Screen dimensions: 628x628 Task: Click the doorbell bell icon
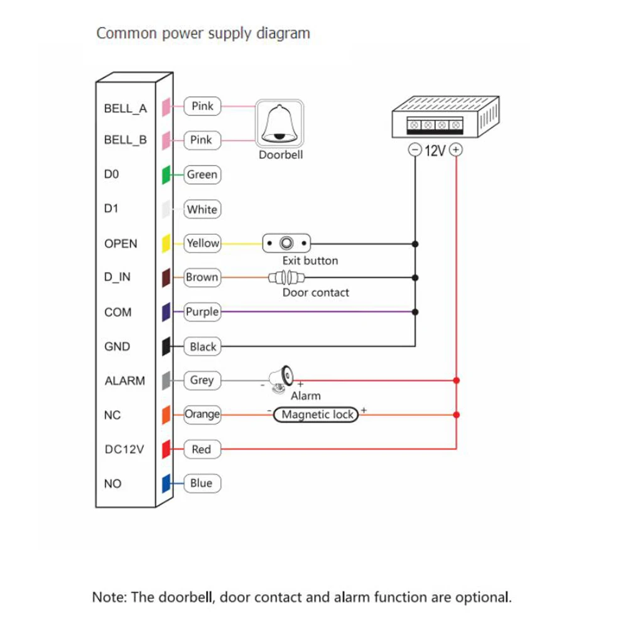point(279,124)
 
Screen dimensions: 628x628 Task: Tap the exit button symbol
point(286,243)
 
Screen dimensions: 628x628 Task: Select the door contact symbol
point(286,277)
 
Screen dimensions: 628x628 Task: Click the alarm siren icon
point(281,379)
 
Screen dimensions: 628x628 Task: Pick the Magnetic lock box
point(316,414)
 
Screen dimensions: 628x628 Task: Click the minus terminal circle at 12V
point(415,150)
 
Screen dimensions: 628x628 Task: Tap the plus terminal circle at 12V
point(456,150)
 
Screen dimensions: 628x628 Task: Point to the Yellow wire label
point(202,243)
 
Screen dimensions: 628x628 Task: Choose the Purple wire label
point(202,311)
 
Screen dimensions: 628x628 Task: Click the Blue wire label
point(202,483)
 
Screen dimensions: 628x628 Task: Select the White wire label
point(202,209)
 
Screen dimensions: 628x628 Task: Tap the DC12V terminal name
point(124,450)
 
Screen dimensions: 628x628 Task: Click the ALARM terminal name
point(124,381)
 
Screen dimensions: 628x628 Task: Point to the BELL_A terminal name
point(126,109)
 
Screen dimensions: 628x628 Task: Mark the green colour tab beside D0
point(166,175)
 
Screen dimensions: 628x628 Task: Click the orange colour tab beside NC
point(166,415)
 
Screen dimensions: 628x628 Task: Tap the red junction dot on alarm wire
point(456,380)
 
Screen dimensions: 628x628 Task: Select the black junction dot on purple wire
point(415,311)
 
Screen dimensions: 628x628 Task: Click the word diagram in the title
point(283,34)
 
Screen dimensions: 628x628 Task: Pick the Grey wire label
point(202,381)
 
